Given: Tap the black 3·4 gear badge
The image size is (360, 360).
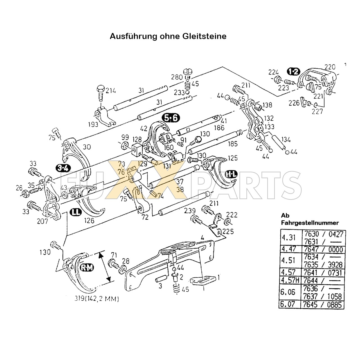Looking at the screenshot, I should tap(63, 168).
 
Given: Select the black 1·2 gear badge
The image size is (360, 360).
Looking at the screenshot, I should tap(294, 72).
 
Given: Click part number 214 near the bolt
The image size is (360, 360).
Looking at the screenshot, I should tap(111, 91).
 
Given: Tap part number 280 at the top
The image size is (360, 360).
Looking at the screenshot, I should tap(177, 77).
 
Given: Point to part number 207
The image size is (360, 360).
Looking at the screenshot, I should tap(42, 221).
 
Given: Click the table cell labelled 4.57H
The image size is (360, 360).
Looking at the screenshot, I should tap(290, 280).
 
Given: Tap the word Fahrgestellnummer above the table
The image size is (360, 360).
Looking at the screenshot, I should tap(310, 223).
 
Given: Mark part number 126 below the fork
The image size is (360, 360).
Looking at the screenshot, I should tap(90, 221).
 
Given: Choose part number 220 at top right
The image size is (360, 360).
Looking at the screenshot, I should tap(330, 67).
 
